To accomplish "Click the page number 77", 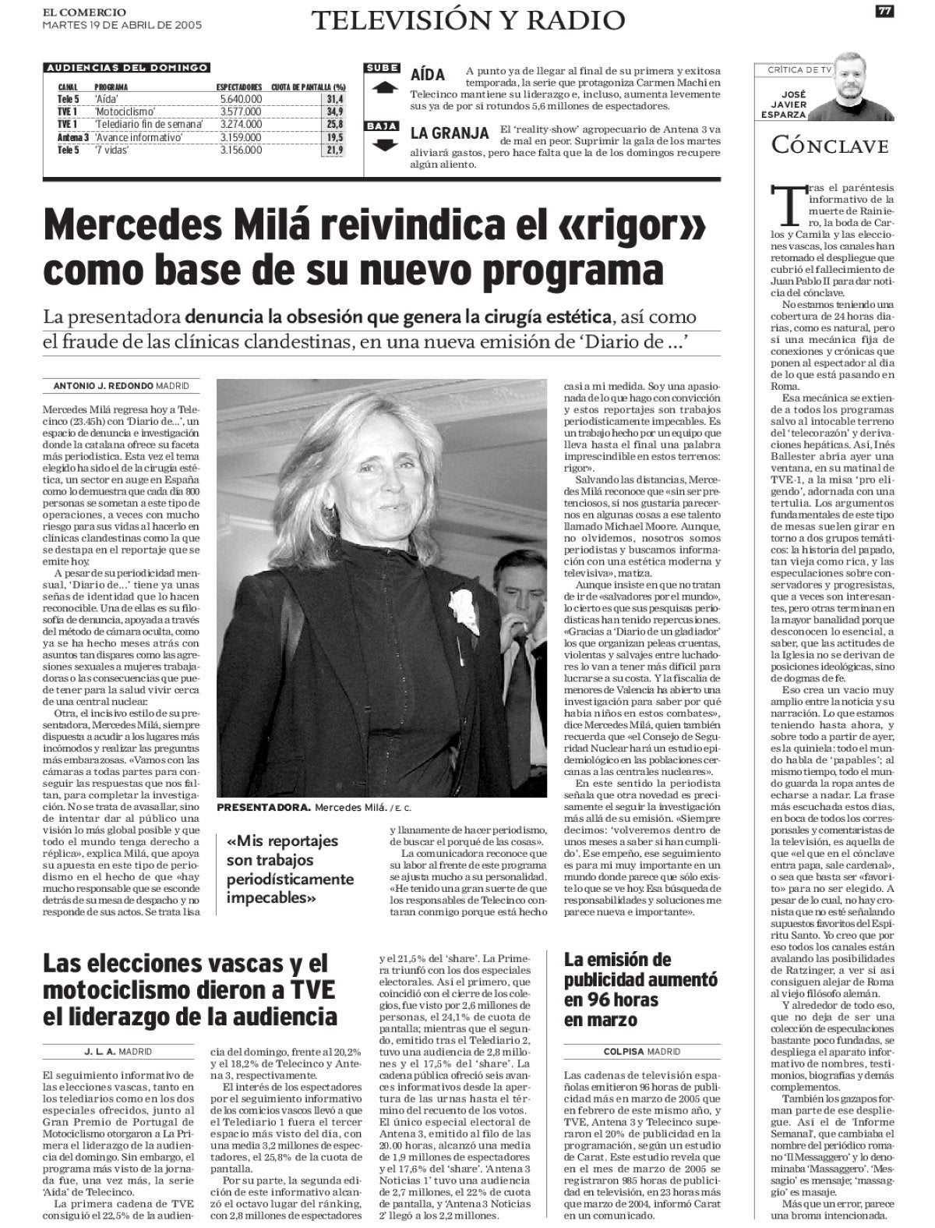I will click(884, 11).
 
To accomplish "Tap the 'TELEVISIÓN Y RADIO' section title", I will click(468, 20).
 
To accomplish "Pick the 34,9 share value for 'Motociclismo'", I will click(335, 111).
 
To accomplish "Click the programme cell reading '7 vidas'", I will click(112, 150).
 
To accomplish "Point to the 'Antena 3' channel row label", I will click(69, 137).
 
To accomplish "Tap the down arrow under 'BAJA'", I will click(383, 144).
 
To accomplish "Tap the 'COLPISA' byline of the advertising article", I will click(616, 1051).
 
